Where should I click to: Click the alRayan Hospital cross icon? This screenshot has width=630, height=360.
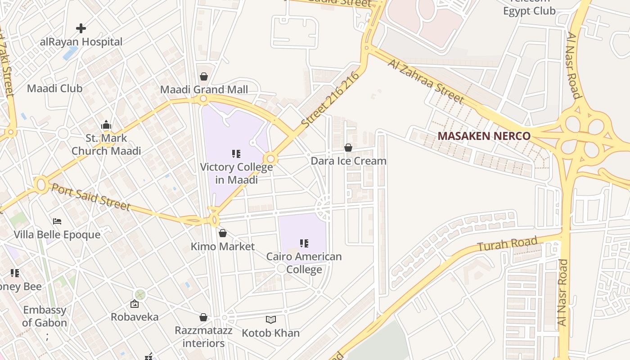point(81,29)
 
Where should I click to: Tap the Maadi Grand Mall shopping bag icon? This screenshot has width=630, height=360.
point(204,76)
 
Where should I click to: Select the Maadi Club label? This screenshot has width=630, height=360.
point(55,88)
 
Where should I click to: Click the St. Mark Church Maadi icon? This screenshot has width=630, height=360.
point(106,125)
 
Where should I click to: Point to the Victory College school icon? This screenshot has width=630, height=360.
point(236,154)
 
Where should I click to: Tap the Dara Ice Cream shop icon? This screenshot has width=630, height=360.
point(348,148)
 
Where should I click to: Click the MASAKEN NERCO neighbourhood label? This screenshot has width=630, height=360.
point(484,136)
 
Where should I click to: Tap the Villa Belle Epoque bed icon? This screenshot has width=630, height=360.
point(57,221)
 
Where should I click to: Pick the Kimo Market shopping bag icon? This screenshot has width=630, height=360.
point(222,233)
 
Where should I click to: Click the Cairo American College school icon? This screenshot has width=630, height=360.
point(304,243)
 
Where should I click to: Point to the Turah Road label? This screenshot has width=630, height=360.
point(507,244)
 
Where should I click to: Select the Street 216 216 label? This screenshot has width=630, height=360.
point(331,99)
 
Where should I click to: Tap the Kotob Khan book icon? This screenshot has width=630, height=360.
point(270,320)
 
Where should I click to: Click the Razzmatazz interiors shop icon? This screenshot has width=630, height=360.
point(203,318)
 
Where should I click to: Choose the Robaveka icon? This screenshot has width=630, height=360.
point(135,304)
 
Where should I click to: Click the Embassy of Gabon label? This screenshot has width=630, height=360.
point(45,316)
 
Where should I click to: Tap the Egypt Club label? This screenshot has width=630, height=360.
point(529,11)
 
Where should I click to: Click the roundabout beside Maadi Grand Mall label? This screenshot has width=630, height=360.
point(203,99)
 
